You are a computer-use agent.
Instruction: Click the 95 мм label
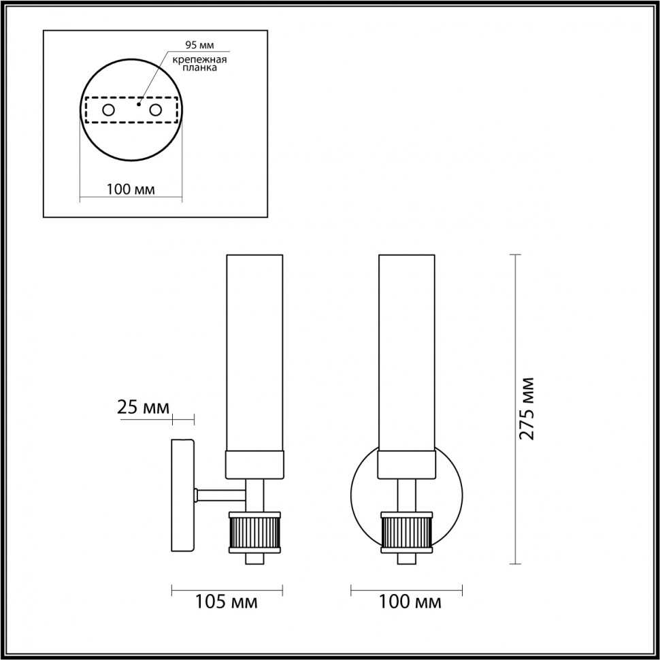pyautogui.click(x=199, y=46)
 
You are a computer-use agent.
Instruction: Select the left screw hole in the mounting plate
pyautogui.click(x=108, y=110)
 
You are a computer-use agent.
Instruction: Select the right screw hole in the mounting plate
pyautogui.click(x=156, y=110)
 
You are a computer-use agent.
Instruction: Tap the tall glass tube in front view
pyautogui.click(x=406, y=350)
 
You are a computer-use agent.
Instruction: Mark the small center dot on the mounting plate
pyautogui.click(x=139, y=105)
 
